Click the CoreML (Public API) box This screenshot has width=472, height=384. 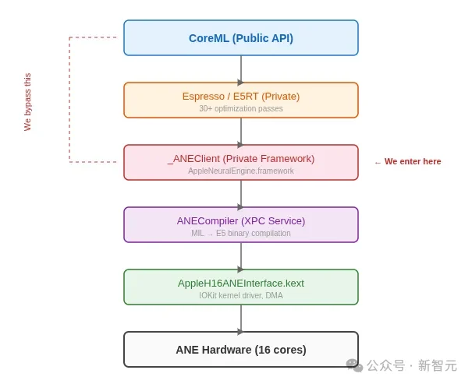[240, 38]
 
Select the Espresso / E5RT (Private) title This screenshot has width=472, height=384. [240, 96]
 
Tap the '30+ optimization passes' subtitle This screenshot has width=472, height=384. [240, 109]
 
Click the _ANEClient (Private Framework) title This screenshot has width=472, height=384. [240, 158]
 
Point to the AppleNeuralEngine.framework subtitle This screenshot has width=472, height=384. [240, 171]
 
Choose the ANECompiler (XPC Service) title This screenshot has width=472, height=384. [240, 220]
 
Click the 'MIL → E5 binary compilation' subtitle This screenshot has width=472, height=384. [240, 234]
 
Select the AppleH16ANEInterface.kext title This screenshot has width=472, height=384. [240, 283]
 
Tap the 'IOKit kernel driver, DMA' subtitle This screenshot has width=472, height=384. [240, 296]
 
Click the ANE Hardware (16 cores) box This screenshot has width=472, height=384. [240, 350]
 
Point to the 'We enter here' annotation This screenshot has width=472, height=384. [408, 162]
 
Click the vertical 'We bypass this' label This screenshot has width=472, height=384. [27, 102]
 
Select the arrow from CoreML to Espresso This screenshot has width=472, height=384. [240, 69]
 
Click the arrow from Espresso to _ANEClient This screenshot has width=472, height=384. [240, 132]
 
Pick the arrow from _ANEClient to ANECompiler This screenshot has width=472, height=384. [240, 194]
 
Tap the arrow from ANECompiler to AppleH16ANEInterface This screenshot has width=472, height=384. [240, 256]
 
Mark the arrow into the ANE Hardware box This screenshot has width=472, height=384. [240, 319]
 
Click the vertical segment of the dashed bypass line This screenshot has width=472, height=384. [69, 100]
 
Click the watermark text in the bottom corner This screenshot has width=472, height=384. [411, 365]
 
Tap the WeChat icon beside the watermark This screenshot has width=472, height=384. [354, 365]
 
